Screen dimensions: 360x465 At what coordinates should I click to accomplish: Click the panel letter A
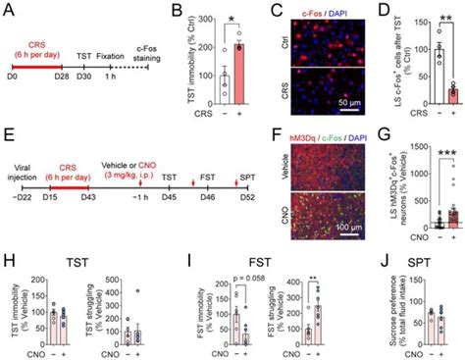[x=7, y=9]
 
